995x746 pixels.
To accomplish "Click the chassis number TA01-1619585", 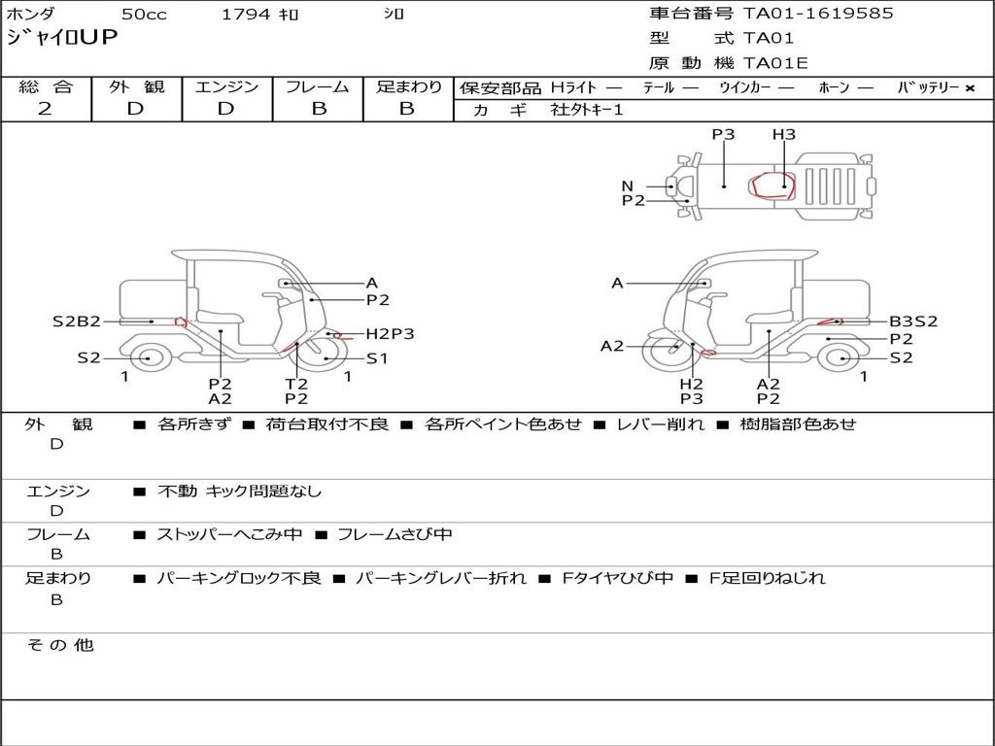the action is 818,14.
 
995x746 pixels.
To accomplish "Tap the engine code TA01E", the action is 774,63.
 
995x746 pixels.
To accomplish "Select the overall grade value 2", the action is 45,109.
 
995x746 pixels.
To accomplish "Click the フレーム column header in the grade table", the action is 318,86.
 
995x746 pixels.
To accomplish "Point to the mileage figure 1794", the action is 246,14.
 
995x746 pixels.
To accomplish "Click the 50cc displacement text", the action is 144,14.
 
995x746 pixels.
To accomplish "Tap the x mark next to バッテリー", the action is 970,88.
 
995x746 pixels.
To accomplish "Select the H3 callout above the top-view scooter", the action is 784,134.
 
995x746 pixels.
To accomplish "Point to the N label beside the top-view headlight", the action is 628,186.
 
